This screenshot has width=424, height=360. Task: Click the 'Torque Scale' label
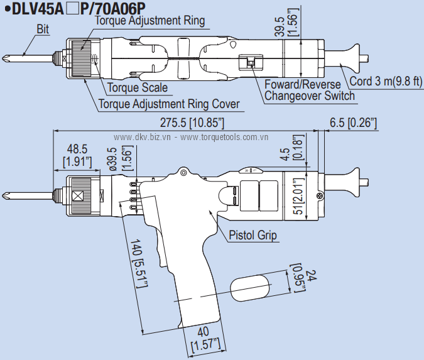tap(138, 88)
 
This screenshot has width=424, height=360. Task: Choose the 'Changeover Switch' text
tap(309, 96)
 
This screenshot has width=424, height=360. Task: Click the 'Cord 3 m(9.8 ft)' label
tap(386, 82)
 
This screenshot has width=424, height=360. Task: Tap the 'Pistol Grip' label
tap(253, 236)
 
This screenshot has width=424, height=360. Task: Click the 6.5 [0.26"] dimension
tap(353, 123)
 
